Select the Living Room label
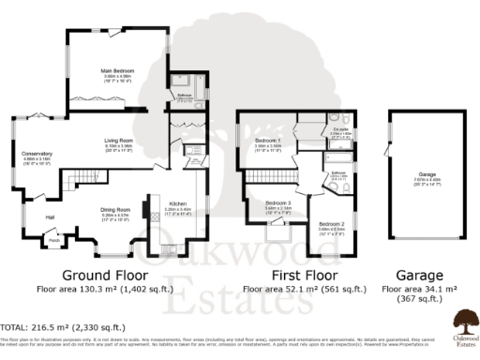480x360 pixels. pos(118,142)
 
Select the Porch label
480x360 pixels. pos(54,239)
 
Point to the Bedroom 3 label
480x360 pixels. pos(277,203)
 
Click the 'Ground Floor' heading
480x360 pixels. pos(106,276)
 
